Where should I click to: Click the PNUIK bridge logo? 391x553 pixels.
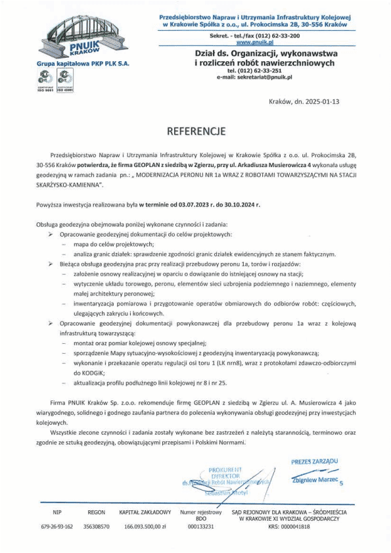(x=76, y=37)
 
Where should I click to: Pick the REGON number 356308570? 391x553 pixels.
(x=96, y=527)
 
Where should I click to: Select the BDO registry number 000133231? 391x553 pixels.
(x=201, y=527)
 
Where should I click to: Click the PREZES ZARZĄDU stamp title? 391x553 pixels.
(x=314, y=462)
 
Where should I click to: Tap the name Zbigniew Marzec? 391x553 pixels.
(x=315, y=481)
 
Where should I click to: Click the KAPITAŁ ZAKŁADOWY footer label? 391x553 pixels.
(x=145, y=511)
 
